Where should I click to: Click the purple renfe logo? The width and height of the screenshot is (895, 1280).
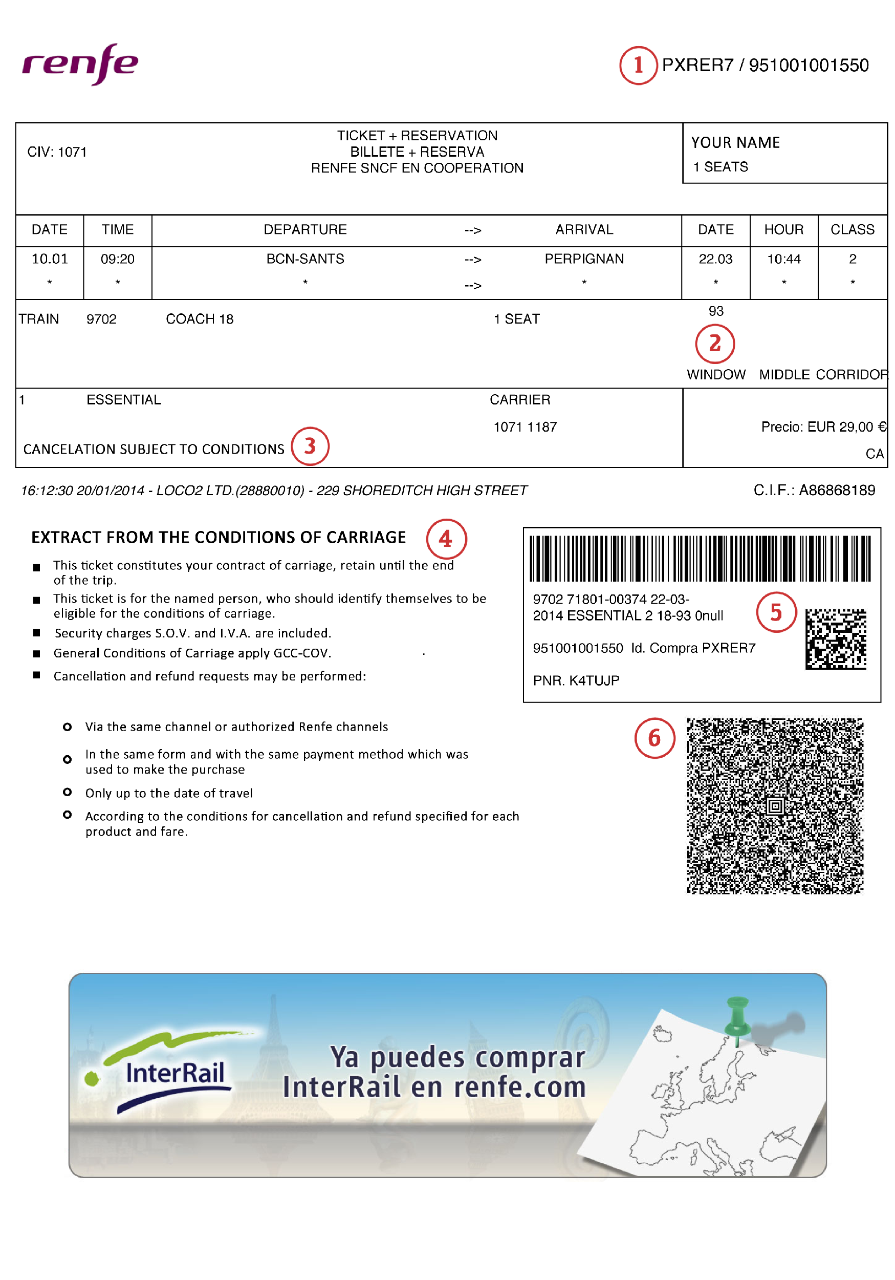point(80,63)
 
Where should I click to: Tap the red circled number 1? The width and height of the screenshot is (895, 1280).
point(638,65)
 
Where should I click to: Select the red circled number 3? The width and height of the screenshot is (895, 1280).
point(310,446)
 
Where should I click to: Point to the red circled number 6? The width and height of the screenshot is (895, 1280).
point(654,738)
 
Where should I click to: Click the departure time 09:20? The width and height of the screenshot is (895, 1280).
point(118,259)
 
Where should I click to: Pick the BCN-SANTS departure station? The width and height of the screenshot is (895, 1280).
point(305,259)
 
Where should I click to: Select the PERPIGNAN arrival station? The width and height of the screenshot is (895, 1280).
point(584,259)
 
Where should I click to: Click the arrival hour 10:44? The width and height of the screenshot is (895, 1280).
point(783,259)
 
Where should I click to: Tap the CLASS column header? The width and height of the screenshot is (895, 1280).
point(852,230)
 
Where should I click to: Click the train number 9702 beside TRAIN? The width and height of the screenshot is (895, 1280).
point(101,319)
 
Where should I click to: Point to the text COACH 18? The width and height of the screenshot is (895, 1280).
point(200,319)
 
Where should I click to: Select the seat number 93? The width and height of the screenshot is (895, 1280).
point(715,311)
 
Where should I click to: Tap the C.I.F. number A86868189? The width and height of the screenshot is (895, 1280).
point(837,490)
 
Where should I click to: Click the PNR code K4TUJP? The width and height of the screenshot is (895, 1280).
point(594,680)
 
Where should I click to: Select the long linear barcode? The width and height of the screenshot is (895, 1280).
point(700,559)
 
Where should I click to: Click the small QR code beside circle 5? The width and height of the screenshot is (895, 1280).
point(835,639)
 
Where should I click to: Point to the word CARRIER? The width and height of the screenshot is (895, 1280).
point(520,400)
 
